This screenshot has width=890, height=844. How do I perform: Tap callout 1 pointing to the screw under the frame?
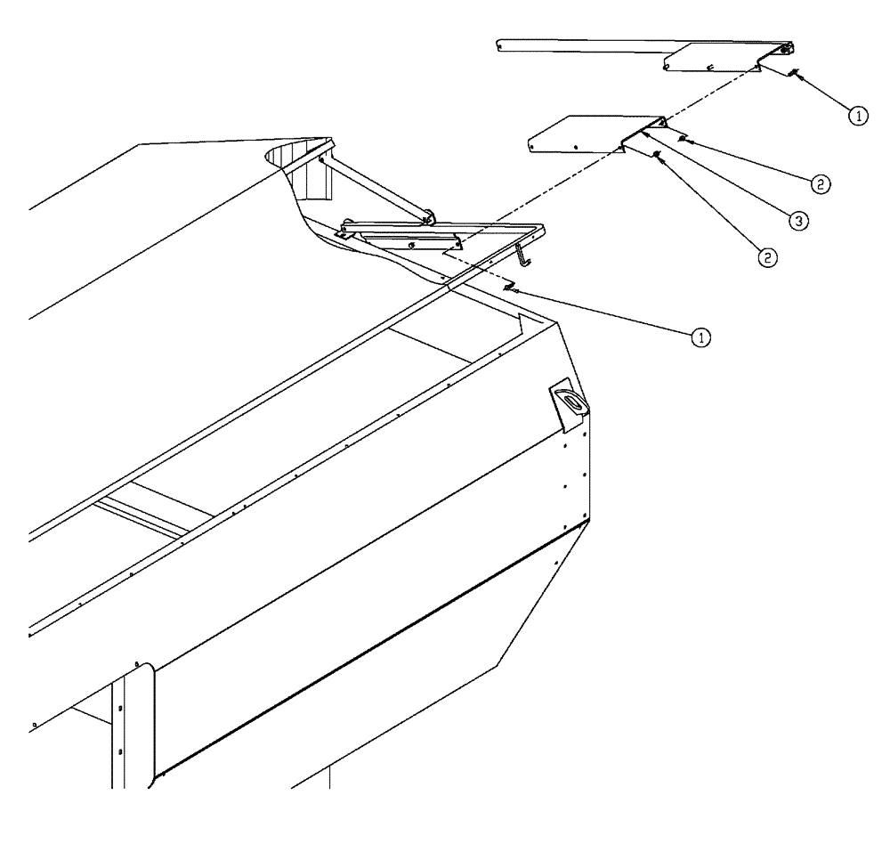coord(702,337)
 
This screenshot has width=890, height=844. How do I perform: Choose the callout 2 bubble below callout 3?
coord(767,257)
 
